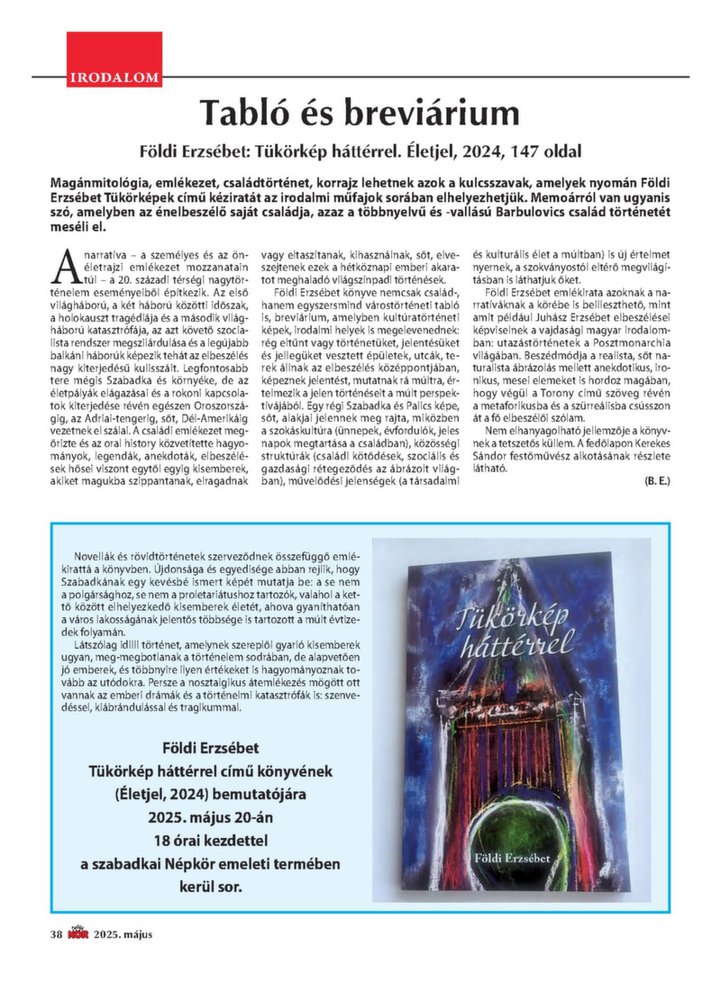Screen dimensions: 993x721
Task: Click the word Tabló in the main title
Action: click(x=249, y=113)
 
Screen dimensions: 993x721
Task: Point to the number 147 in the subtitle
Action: click(x=544, y=147)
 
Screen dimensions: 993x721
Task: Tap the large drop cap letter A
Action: click(x=66, y=266)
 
